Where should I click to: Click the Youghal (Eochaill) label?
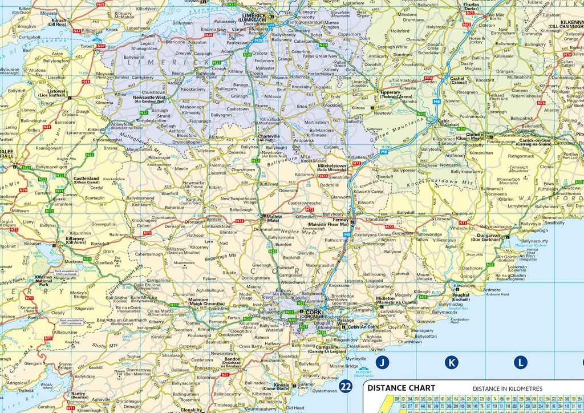461,297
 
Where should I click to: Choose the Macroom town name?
198,302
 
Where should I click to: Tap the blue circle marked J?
383,362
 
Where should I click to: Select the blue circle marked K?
451,362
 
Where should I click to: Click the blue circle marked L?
520,362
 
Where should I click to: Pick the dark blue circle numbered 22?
345,387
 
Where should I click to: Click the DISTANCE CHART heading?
401,388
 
